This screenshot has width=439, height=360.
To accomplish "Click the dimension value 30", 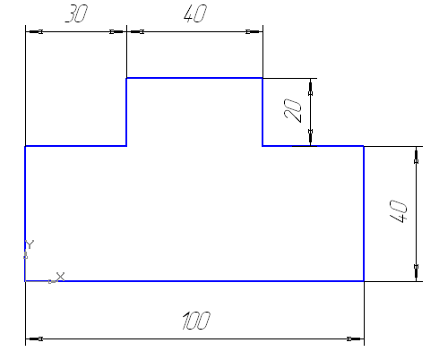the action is click(76, 13).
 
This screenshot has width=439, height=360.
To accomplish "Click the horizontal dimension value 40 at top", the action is click(195, 13).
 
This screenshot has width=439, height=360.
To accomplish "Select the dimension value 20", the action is click(293, 110).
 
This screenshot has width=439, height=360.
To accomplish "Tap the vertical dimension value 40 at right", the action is click(399, 211).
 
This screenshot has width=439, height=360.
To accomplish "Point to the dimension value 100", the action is click(196, 321).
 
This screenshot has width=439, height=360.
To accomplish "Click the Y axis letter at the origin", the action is click(30, 244).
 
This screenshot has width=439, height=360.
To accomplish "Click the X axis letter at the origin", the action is click(60, 277).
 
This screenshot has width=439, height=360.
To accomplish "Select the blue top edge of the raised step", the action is click(194, 78).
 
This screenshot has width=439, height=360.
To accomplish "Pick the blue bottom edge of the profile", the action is click(194, 281).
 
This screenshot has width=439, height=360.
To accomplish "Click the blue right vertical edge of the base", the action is click(364, 213).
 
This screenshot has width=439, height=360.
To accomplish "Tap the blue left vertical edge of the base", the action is click(25, 213).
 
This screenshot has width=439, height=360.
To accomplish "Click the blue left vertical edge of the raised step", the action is click(126, 112).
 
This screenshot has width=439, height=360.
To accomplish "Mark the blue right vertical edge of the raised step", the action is click(263, 112).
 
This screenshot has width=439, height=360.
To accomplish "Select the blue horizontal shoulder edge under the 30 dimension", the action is click(76, 146).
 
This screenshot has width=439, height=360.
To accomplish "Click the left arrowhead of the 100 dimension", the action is click(34, 339).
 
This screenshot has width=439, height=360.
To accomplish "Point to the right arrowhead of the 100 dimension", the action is click(356, 339).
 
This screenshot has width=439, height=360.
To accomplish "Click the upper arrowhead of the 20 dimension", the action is click(311, 87).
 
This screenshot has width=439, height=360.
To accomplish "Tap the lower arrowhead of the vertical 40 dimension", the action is click(417, 272).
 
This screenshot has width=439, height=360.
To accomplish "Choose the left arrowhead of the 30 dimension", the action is click(34, 31).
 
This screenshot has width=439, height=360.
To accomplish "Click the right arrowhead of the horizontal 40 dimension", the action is click(254, 31).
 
